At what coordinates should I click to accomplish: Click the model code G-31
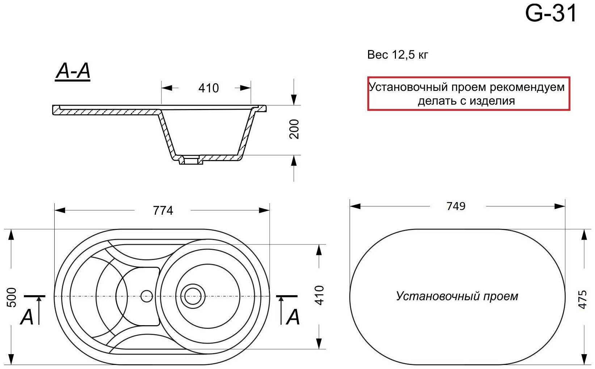(550, 14)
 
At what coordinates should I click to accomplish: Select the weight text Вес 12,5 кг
(397, 55)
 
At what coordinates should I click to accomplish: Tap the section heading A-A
(73, 71)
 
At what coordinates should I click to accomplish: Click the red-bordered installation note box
(468, 93)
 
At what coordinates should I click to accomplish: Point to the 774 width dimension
(163, 210)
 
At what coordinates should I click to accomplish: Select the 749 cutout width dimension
(456, 206)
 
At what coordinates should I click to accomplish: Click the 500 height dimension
(12, 297)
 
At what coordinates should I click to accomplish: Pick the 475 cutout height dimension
(582, 299)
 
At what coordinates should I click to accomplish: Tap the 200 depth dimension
(294, 129)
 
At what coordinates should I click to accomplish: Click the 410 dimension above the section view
(208, 88)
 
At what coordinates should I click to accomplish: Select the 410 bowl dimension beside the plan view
(319, 295)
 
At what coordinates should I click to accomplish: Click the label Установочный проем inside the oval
(457, 296)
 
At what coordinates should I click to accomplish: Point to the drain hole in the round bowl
(193, 296)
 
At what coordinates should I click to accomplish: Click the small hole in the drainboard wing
(147, 296)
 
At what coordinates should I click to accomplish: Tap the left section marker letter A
(27, 318)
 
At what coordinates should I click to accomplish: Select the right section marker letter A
(293, 318)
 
